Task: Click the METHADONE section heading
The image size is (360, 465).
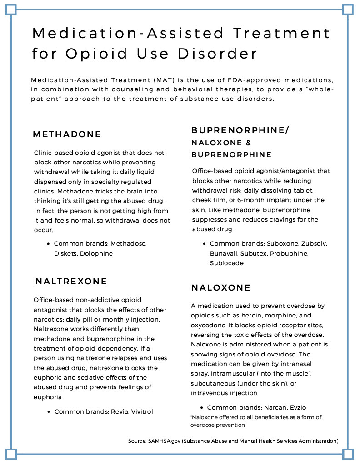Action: pos(67,134)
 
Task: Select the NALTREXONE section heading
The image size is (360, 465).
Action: pos(71,282)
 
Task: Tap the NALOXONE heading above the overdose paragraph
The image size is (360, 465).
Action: pos(221,288)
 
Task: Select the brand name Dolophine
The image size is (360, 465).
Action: pos(96,253)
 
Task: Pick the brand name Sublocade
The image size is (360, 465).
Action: pos(227,263)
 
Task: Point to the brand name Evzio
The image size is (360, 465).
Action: pos(304,407)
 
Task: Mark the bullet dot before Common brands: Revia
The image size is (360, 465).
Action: pos(49,412)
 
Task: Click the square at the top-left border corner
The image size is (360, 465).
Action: pos(11,10)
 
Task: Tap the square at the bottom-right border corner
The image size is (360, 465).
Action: pos(348,454)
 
